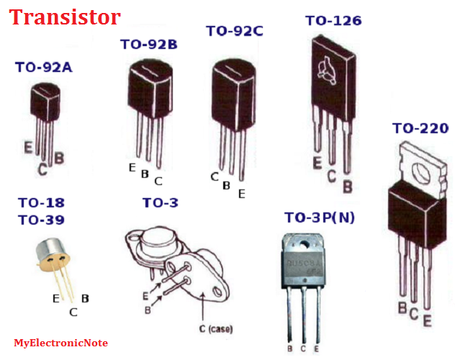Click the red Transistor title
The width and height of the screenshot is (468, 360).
pos(65,17)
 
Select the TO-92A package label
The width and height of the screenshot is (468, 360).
pos(43,68)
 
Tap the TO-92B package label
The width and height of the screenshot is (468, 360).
pos(148,45)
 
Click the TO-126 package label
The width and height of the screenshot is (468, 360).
pos(333,20)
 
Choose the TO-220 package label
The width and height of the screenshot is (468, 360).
pos(420,128)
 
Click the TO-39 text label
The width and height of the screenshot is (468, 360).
pos(41,220)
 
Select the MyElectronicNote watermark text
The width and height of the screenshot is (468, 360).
pos(60,343)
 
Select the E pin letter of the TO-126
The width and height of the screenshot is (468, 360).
pos(317,163)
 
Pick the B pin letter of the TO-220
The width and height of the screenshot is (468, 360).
pos(402,308)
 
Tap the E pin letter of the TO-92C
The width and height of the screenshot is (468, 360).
pos(241,193)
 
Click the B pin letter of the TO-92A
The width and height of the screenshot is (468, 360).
pos(59,157)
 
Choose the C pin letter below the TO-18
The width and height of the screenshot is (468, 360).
pos(73,312)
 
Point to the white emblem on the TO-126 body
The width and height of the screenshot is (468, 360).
pos(325,68)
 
